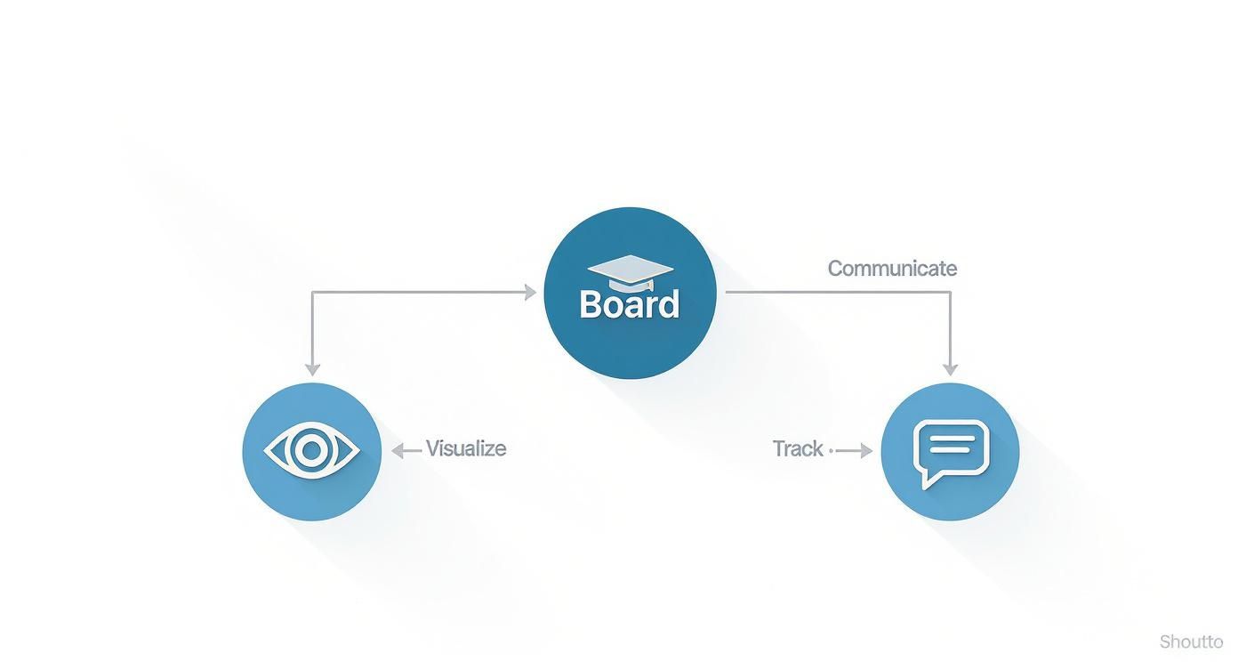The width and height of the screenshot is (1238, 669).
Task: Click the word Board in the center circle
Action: pos(630,304)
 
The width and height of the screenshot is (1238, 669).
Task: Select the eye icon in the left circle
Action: pos(312,451)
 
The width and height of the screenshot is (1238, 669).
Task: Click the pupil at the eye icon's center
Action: pos(312,451)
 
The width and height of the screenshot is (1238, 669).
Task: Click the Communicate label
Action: pos(892,269)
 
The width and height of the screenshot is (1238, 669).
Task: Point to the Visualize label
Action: pos(466,448)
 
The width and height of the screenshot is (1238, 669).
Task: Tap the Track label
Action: pos(798,449)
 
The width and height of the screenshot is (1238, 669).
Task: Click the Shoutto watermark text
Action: pos(1191,642)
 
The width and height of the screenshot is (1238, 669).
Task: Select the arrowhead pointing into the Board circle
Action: pos(531,292)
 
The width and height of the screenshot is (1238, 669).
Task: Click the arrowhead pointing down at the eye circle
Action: pos(312,369)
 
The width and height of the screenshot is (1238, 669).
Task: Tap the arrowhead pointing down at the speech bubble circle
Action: pos(950,369)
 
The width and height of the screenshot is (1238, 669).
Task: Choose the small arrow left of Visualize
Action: pos(406,451)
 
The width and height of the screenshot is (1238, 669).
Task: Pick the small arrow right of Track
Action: pos(856,451)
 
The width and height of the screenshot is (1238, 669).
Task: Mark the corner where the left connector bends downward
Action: pos(312,292)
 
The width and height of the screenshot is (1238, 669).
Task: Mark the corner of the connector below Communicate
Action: pos(950,292)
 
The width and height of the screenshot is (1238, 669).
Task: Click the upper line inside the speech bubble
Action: pos(951,438)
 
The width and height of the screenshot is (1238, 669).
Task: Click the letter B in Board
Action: pos(591,304)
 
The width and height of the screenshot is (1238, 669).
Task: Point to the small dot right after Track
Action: pos(831,451)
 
